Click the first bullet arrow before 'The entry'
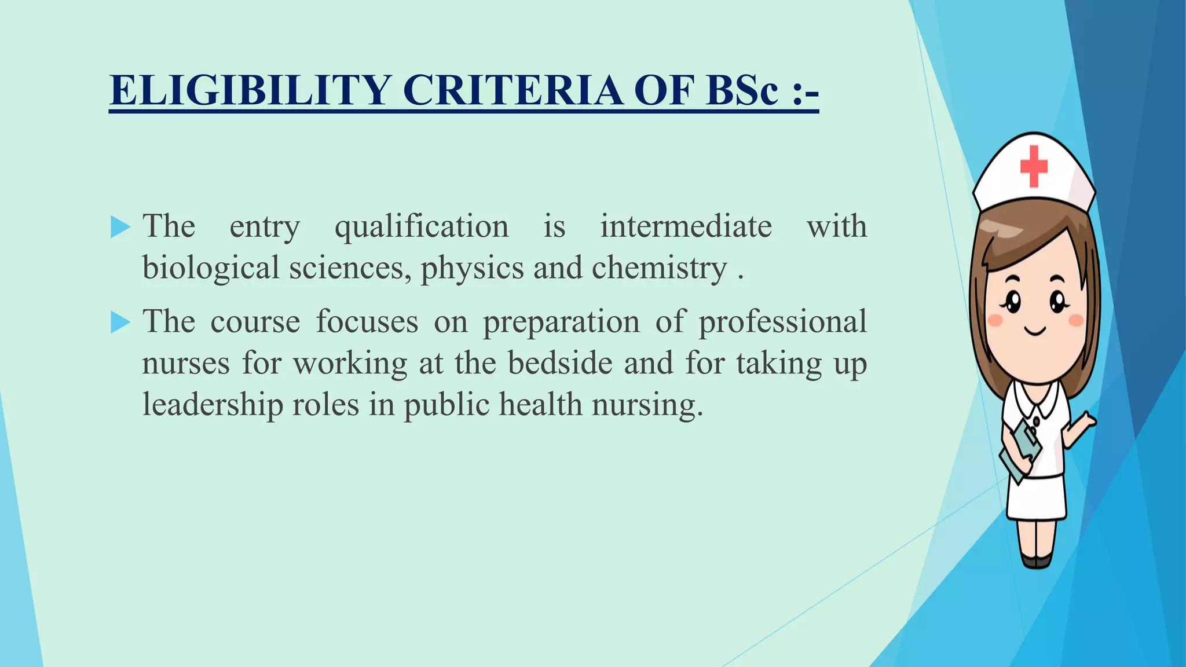click(x=120, y=227)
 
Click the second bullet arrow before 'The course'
click(x=120, y=322)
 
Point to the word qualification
click(x=422, y=227)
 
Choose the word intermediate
click(x=686, y=226)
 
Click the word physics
click(x=472, y=269)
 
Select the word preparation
click(x=561, y=322)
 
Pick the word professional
click(x=782, y=322)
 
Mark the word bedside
click(x=560, y=363)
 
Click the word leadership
click(x=213, y=405)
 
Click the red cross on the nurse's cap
click(x=1034, y=166)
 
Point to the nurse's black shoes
click(x=1036, y=560)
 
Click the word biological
click(x=211, y=269)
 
